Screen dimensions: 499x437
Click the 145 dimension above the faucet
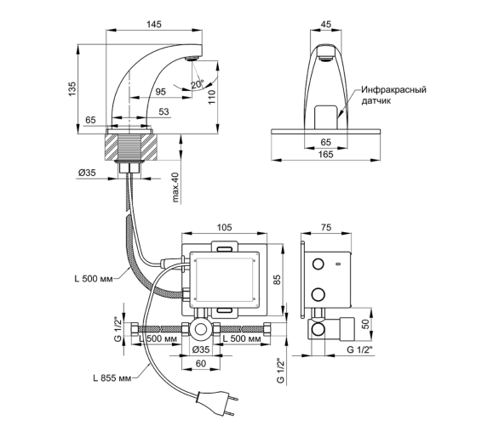(154, 24)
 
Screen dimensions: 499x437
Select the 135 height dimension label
(72, 89)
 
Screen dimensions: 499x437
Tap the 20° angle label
(197, 84)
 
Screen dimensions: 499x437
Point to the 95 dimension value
(161, 92)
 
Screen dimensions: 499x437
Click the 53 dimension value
(163, 112)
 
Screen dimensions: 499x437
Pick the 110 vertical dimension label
(212, 97)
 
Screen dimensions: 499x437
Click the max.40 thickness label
(176, 188)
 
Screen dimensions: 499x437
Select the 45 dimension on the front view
(326, 24)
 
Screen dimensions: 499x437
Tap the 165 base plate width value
(326, 155)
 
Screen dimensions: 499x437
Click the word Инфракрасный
(393, 89)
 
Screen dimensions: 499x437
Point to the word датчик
(376, 101)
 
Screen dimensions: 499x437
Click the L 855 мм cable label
(112, 378)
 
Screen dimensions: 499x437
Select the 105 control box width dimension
(224, 228)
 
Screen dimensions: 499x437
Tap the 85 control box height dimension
(278, 280)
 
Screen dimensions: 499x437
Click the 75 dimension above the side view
(326, 228)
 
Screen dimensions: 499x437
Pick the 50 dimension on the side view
(365, 324)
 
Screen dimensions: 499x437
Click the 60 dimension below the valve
(201, 363)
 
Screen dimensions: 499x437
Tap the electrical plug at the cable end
(216, 403)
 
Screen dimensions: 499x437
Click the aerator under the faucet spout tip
(192, 59)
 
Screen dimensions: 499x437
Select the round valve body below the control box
(200, 329)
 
